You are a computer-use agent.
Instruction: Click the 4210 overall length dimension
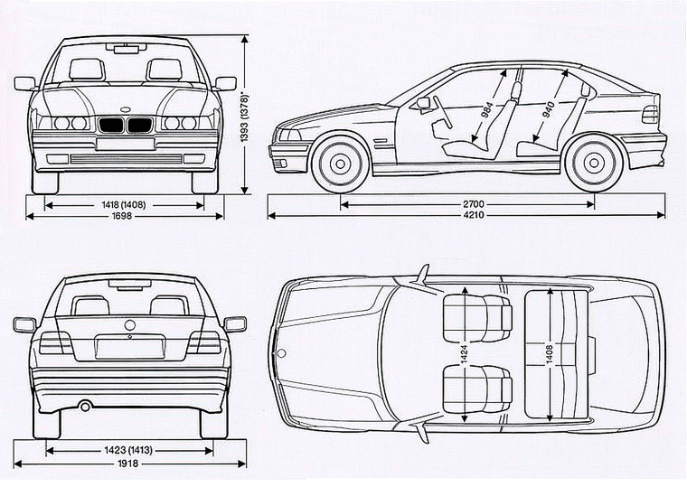[468, 216]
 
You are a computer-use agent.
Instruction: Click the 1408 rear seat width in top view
[549, 354]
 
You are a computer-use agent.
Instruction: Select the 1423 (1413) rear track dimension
[129, 450]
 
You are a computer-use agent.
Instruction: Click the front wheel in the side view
[341, 164]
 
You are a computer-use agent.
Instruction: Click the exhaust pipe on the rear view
[85, 407]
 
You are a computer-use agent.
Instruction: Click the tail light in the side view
[649, 114]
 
